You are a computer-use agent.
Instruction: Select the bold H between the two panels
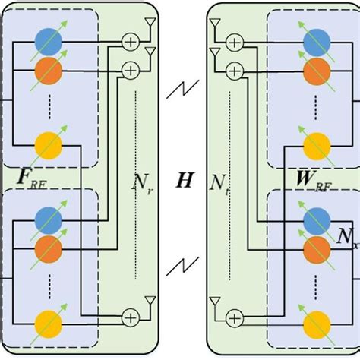click(x=185, y=180)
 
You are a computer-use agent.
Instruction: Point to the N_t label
click(x=222, y=182)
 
